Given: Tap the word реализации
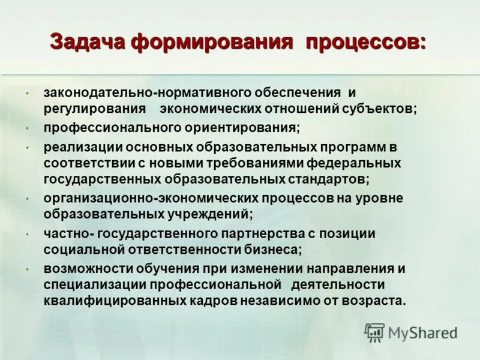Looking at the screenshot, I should pyautogui.click(x=80, y=146).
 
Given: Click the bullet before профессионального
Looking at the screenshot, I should pyautogui.click(x=27, y=128).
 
